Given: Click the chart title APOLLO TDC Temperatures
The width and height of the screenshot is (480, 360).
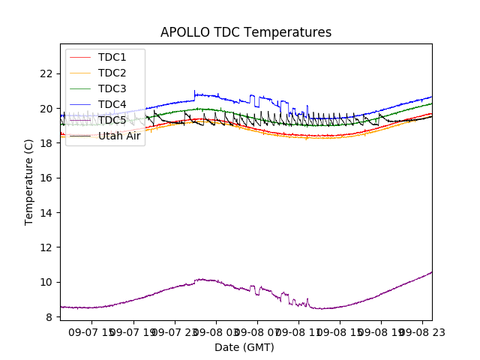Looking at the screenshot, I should point(245,32).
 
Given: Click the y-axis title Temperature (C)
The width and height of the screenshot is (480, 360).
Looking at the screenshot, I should point(29,182).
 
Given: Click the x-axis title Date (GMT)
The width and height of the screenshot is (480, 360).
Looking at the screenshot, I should point(244,347).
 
